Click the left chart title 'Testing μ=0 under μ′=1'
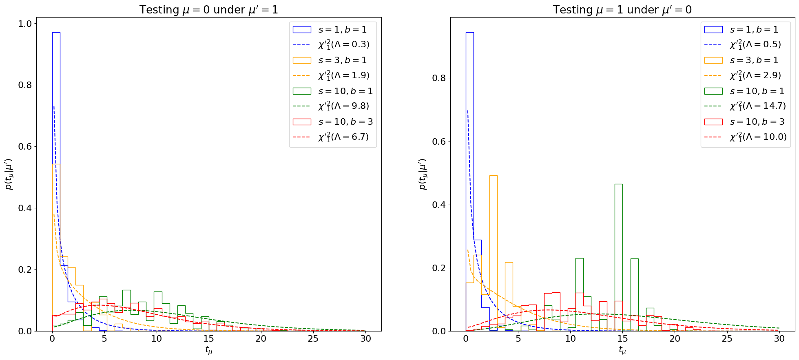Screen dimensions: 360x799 point(208,10)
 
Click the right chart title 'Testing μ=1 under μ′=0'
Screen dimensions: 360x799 point(622,10)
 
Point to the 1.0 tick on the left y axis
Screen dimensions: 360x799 point(26,24)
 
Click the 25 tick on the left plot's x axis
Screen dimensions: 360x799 point(313,339)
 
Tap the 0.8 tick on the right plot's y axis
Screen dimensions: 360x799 point(439,78)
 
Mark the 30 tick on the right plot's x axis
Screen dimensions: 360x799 point(779,339)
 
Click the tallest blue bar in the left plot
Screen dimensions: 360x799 point(56,179)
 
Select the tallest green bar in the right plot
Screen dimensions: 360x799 point(618,257)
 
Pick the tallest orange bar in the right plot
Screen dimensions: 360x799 point(493,253)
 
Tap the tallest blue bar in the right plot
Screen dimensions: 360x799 point(469,179)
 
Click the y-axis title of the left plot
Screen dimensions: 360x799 point(9,174)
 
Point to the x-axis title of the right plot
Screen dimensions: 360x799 point(622,350)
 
